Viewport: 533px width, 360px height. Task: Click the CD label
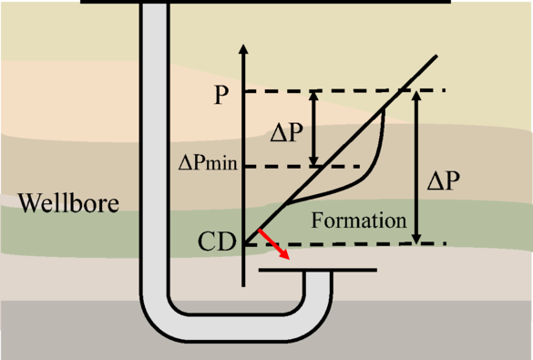click(x=217, y=242)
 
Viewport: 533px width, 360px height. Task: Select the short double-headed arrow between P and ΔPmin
click(x=313, y=128)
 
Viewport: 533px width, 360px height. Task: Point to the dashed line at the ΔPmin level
click(x=301, y=166)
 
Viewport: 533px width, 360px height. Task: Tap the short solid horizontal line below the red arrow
click(x=317, y=271)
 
